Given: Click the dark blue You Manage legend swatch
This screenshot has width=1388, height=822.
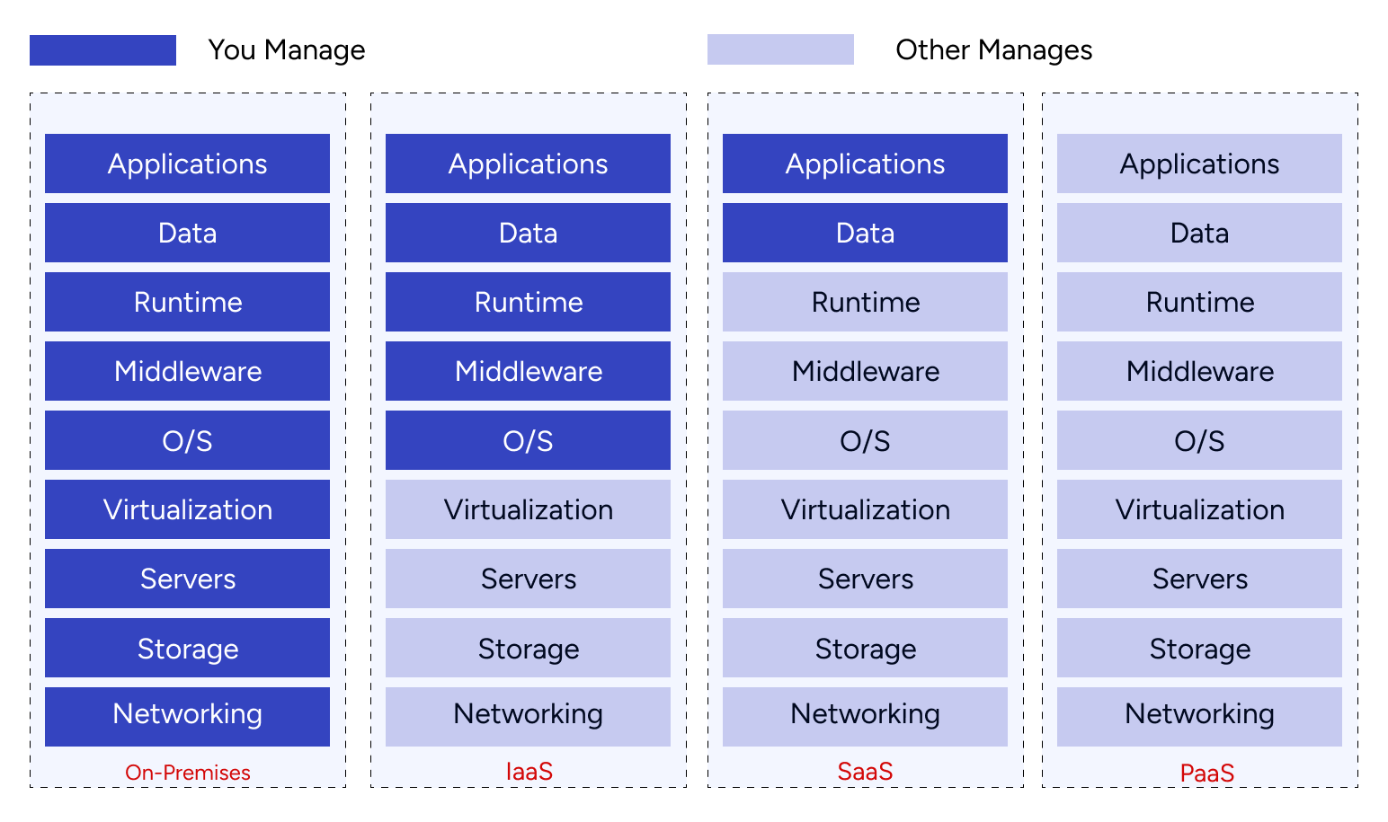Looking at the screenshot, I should pos(102,50).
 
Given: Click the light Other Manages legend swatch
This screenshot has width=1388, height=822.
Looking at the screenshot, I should pos(780,49).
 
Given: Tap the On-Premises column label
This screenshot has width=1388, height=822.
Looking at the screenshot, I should pos(187,773).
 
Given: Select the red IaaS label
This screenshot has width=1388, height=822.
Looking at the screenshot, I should pos(529,772).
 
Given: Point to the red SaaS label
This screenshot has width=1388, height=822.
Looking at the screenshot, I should pos(865,772).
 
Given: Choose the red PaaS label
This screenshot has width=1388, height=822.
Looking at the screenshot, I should pos(1206,773).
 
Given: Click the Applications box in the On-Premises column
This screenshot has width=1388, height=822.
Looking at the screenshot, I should pos(187,164).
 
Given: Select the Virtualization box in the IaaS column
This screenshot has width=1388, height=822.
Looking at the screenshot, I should pos(528,509).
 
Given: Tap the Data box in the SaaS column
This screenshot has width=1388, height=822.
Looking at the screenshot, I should pos(865,233).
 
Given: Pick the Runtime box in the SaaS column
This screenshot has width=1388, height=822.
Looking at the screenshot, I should pos(865,302).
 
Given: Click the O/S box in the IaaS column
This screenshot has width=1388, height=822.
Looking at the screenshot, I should pos(528,440).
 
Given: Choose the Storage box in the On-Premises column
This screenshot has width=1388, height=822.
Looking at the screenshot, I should pos(187,648).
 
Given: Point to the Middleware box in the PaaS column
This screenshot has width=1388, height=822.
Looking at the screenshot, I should pos(1199,371).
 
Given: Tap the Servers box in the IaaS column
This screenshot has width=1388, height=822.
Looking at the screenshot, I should pos(528,579).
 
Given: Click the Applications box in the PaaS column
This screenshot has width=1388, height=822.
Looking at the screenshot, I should pos(1199,164).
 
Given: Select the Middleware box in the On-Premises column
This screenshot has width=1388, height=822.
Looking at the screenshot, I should pos(187,371).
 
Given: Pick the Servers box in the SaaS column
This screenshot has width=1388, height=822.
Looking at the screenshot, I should pos(865,579).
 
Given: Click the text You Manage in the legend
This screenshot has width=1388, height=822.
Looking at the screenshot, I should pos(286,50).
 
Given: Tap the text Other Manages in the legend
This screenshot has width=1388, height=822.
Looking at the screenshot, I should pos(993,50).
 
